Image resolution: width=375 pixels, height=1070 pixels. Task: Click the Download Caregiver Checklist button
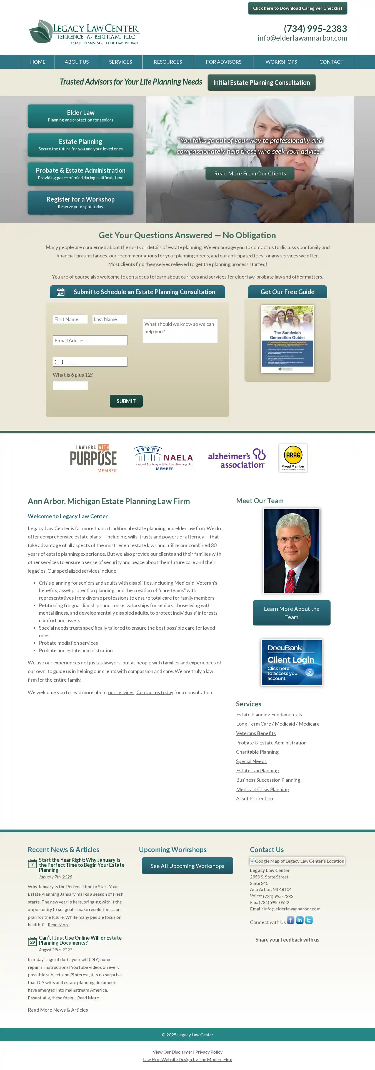pos(297,8)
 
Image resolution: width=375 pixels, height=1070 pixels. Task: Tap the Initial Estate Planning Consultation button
pos(261,83)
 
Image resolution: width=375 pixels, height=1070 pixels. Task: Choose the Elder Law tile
pos(81,116)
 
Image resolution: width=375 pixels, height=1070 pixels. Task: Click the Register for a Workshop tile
pos(81,203)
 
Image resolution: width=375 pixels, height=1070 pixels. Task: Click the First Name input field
pos(70,319)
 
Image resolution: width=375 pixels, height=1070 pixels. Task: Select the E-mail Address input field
pos(90,341)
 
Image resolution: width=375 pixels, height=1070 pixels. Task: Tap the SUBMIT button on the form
pos(126,401)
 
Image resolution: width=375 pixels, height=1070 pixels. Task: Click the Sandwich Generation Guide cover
pos(287,339)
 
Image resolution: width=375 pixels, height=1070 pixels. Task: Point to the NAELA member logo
pos(164,458)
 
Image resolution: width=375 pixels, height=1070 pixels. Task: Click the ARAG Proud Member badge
pos(293,458)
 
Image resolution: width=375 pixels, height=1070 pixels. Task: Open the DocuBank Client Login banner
pos(291,662)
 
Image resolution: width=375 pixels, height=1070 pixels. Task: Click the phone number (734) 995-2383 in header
pos(315,29)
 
